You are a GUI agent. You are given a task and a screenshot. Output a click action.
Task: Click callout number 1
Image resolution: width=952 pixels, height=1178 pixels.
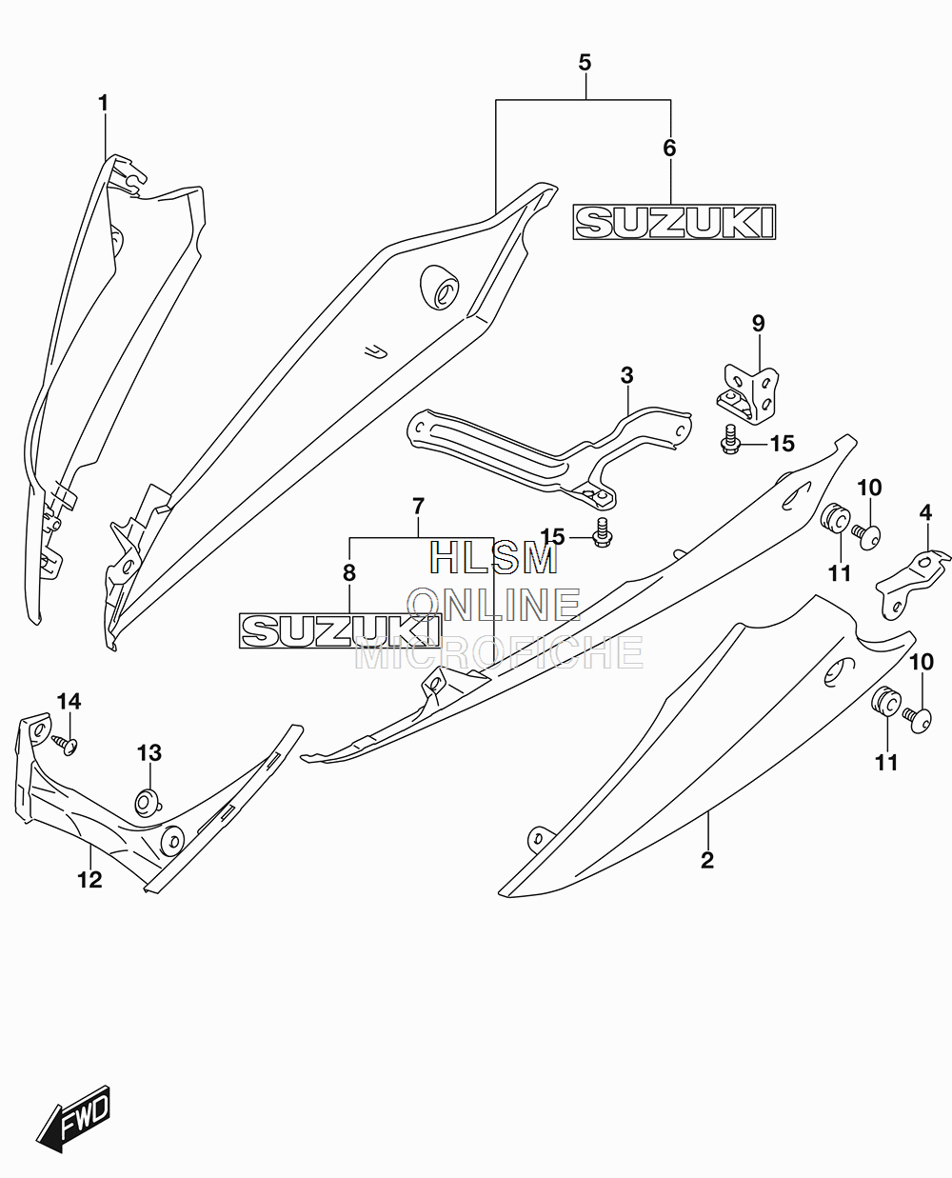coord(103,103)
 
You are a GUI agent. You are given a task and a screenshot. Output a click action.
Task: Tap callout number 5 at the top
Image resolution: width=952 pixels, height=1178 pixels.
coord(585,63)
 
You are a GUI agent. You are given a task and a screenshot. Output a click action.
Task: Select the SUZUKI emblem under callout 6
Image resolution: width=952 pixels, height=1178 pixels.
coord(674,222)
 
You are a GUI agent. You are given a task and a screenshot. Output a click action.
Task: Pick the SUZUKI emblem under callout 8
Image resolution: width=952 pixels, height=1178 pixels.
coord(340,630)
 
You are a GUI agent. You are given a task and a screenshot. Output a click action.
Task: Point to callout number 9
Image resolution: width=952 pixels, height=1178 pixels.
coord(759,323)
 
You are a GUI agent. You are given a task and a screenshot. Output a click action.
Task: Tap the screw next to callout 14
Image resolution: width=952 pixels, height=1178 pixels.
coord(66,745)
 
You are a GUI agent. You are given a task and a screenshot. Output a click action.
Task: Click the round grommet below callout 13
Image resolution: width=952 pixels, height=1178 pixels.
coord(148,803)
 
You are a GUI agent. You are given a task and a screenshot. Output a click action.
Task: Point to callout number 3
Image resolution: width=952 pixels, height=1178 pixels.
coord(626,375)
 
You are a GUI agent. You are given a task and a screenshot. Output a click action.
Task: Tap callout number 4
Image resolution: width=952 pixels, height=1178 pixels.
coord(925,512)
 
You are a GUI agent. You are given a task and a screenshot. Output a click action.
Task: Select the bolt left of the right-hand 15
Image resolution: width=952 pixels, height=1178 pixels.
coord(730,440)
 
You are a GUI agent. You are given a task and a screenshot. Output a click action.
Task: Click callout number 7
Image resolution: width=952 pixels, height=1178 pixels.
coord(419,506)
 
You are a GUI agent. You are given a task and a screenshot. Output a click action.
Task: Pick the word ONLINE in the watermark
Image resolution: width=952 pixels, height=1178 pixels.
coord(494,605)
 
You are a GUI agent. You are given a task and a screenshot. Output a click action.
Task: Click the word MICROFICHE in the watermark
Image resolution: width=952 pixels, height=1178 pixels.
coord(499,652)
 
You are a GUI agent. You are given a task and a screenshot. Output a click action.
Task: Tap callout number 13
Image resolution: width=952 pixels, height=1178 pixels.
coord(149,752)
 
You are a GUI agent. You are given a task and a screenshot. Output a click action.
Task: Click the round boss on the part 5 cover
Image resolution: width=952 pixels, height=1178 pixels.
coord(440,288)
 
